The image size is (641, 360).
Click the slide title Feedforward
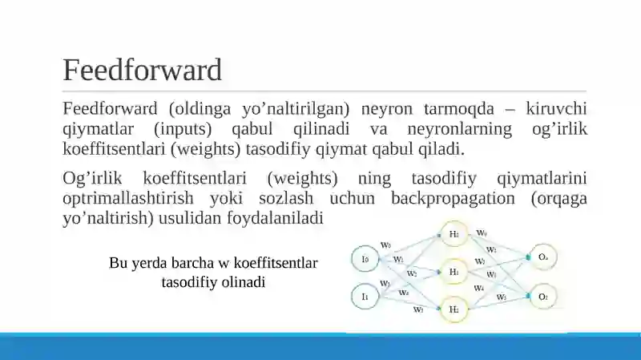142,71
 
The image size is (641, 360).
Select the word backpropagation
454,198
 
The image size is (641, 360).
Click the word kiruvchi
558,109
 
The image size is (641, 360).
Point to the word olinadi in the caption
241,282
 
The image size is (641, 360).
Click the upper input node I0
365,259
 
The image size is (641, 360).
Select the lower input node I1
365,297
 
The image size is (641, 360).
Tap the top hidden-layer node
454,235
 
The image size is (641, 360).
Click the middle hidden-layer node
454,273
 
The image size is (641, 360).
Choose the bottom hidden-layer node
454,309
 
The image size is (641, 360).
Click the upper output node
542,257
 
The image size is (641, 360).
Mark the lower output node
542,297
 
